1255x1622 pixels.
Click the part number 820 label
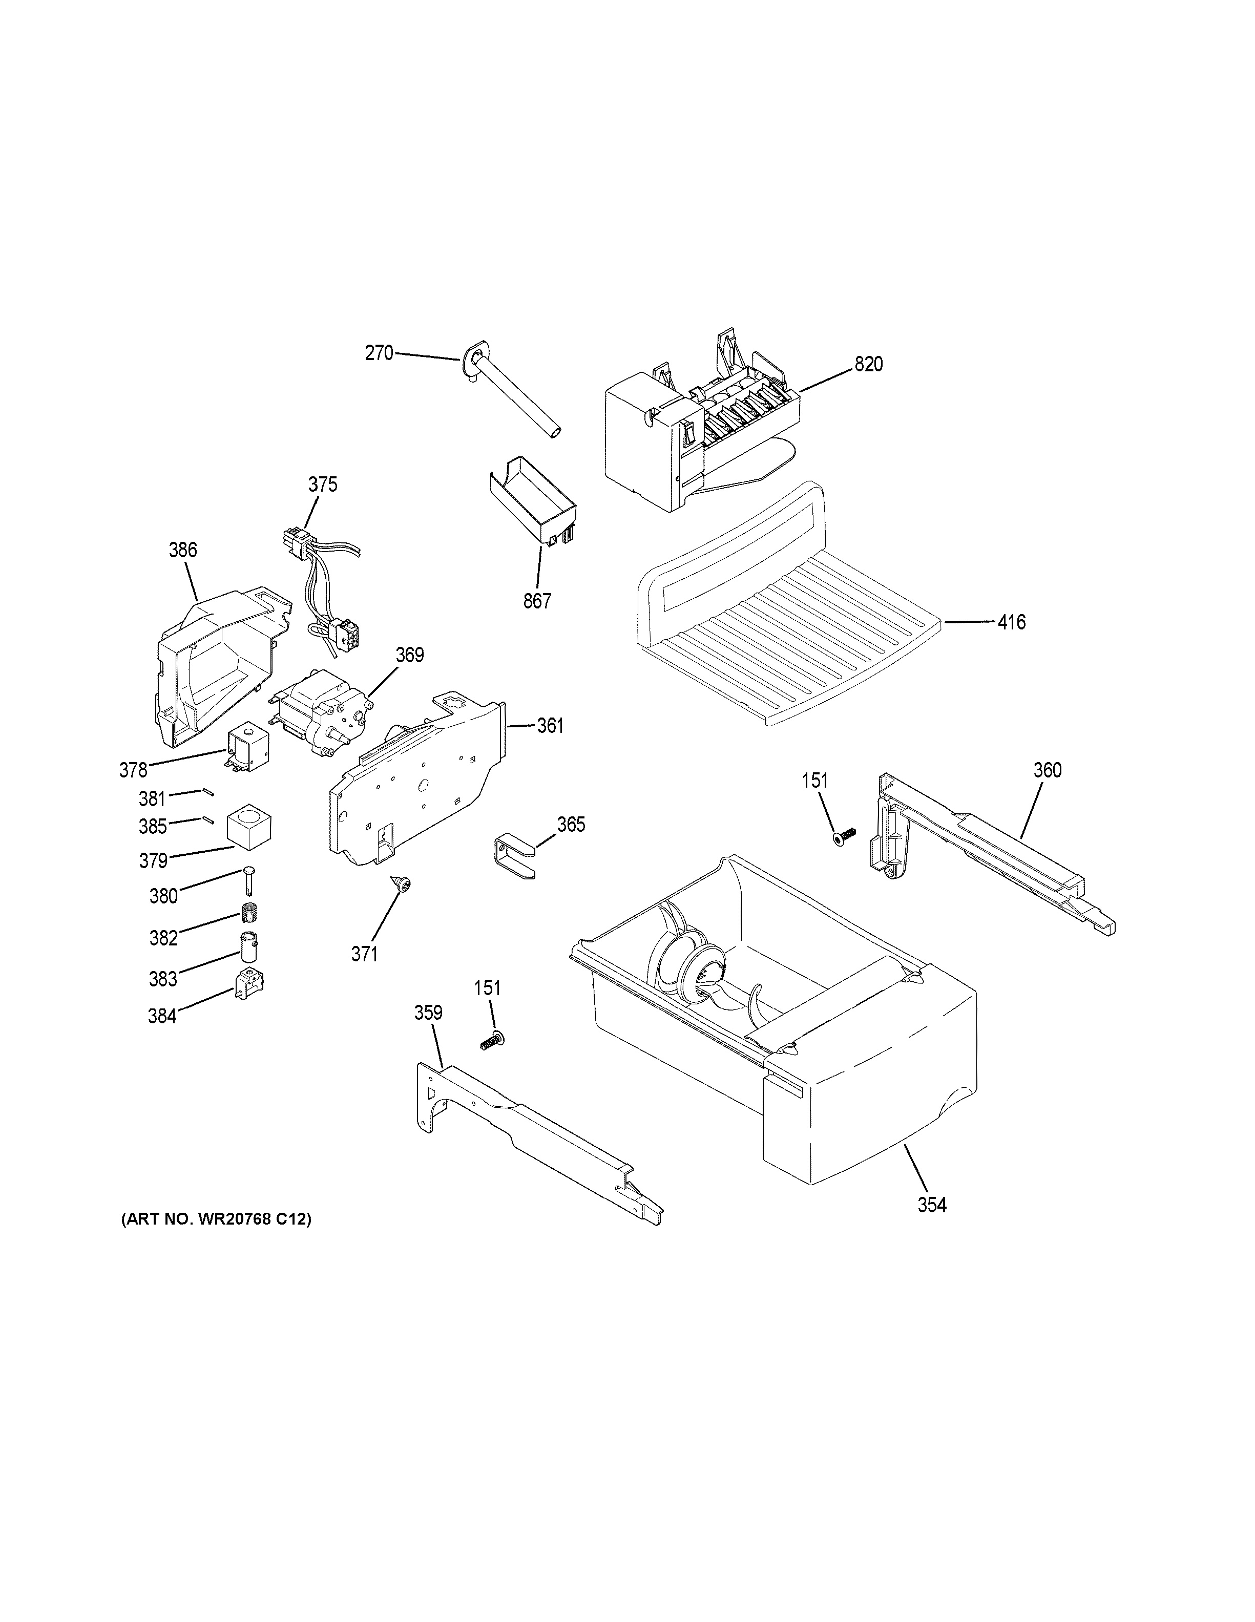tap(868, 364)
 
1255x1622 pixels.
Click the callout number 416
tap(1011, 622)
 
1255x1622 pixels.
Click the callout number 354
tap(931, 1205)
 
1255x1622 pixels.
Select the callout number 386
tap(183, 550)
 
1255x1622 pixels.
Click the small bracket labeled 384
tap(251, 985)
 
